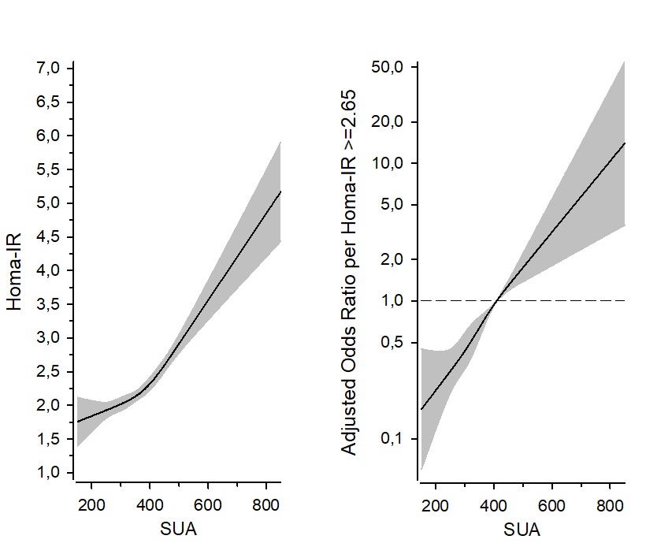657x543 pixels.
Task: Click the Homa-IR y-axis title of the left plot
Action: pos(15,270)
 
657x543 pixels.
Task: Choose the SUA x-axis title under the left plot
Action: pos(179,529)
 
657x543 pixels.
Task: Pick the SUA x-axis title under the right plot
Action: pos(522,529)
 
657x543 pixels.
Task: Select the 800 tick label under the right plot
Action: pos(610,505)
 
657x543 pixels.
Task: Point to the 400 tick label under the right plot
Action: pos(494,505)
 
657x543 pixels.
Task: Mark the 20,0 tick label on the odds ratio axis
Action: pos(388,122)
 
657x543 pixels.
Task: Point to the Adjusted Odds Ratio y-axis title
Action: pos(348,270)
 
